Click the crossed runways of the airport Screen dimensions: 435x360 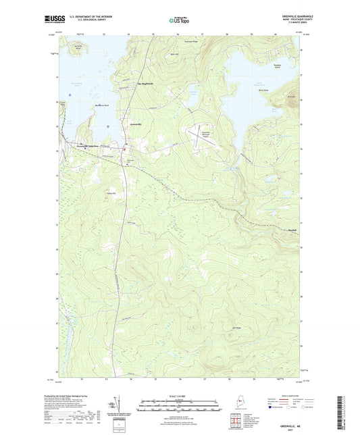point(203,136)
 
